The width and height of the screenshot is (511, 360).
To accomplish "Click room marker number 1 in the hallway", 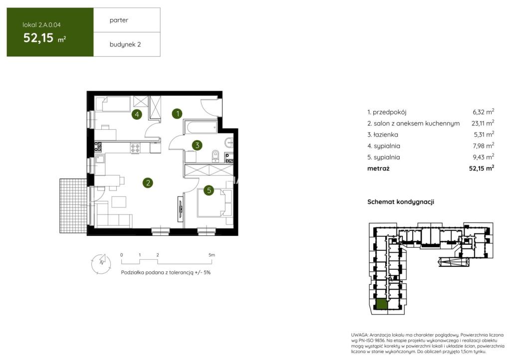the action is point(177,114).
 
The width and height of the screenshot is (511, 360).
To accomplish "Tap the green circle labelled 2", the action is point(148,183).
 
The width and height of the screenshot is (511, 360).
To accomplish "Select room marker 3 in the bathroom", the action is point(197,145).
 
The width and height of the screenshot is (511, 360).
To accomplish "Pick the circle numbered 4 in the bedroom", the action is point(137,114).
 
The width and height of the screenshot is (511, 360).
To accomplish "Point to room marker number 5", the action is point(209,190).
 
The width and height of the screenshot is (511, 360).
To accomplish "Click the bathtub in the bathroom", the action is point(201,127).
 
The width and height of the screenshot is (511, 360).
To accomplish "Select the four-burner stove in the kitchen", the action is point(135,148).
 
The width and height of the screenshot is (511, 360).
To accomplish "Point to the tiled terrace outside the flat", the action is point(73,206).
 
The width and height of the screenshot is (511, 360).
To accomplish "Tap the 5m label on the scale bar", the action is point(212,255).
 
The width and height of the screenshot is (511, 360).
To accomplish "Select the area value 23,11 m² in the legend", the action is point(483,123).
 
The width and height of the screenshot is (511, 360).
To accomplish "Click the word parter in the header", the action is point(119,20).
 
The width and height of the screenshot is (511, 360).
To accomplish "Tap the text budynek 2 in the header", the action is point(125,44).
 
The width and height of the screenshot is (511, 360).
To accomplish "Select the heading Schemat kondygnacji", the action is point(401,202).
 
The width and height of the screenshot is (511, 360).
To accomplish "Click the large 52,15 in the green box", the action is point(38,38).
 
